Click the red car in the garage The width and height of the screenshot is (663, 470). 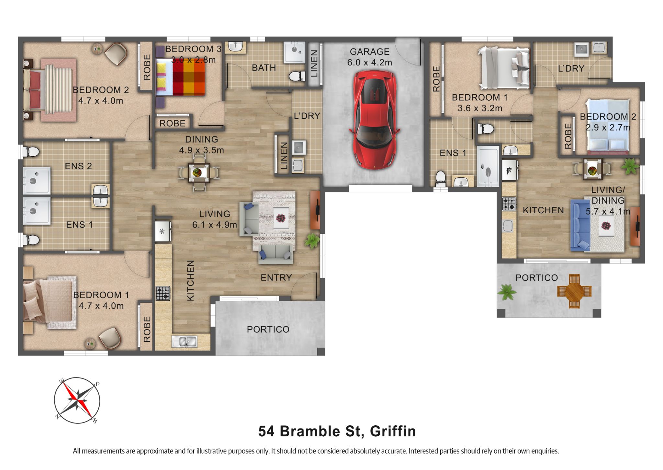coord(375,120)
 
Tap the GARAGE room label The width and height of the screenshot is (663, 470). coord(369,52)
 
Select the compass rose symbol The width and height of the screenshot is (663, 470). coord(77,400)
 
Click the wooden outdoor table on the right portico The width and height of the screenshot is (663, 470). coord(574,291)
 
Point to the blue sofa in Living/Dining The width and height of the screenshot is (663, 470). coord(579,225)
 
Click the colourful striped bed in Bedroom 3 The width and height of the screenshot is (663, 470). coord(181,77)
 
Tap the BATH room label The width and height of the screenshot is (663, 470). coord(264,68)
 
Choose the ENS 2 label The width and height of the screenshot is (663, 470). coord(78,166)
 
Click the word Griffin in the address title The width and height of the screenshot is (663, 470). coord(393,431)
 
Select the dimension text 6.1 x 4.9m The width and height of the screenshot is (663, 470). coord(215,225)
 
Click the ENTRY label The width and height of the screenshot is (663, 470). coord(276,278)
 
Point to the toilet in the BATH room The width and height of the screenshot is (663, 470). coord(296,76)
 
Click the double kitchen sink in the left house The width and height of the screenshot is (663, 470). coord(184,341)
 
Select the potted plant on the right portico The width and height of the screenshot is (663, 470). coord(507,292)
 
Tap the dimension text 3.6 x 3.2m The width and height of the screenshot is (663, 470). coord(479,108)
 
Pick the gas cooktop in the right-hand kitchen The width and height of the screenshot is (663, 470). coord(509,204)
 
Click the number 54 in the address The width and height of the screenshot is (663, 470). coord(266,431)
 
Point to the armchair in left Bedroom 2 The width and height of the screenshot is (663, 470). coord(116,53)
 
